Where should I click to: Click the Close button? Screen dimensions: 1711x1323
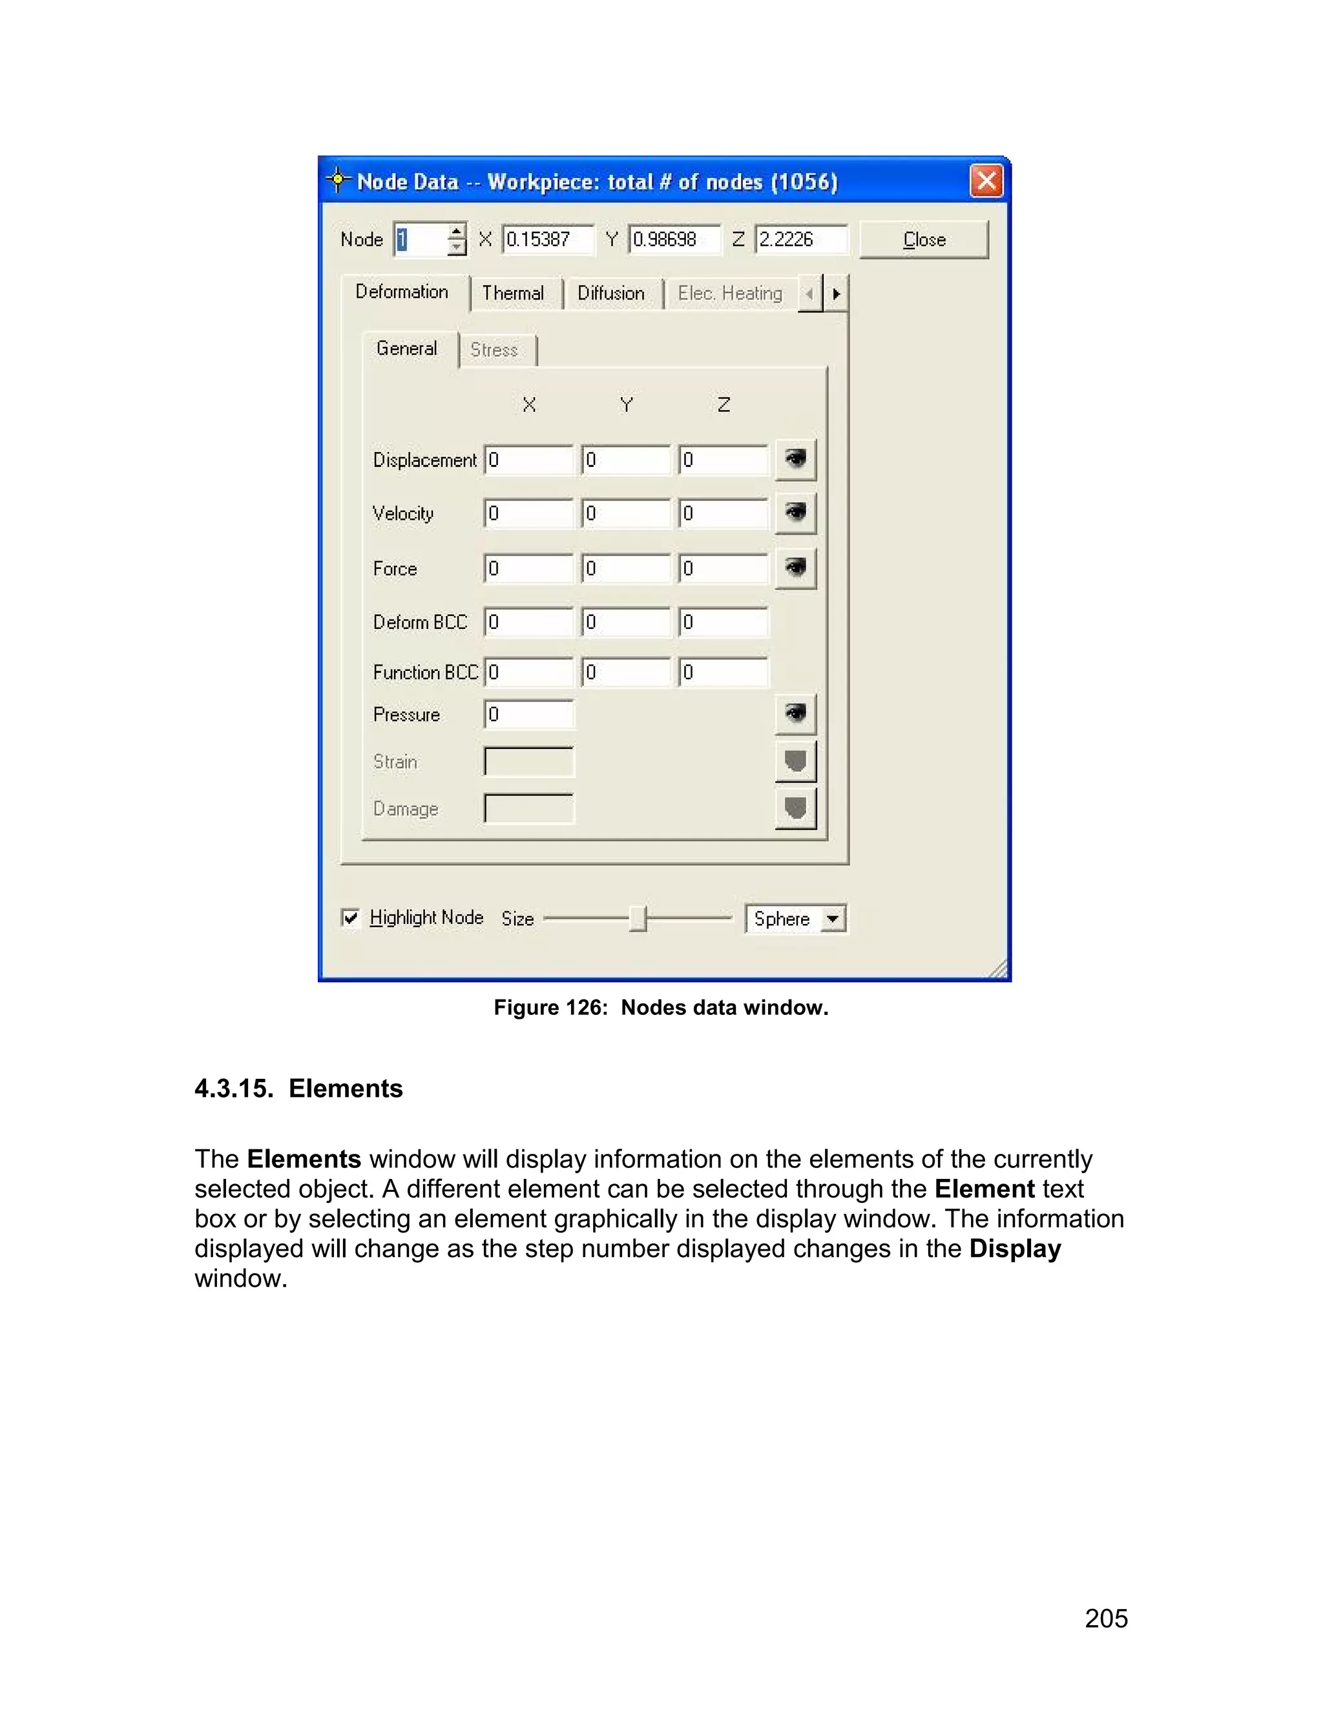(x=923, y=240)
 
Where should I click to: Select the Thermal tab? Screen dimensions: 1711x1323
(x=512, y=293)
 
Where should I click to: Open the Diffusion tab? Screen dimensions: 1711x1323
(x=610, y=293)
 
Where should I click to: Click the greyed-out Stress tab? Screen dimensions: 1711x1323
(x=494, y=349)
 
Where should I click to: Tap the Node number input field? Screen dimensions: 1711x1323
(x=422, y=240)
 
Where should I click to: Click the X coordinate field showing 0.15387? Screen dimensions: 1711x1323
(x=547, y=240)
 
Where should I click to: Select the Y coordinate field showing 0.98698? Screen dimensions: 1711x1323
(x=673, y=240)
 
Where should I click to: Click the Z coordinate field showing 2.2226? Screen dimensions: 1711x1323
(x=800, y=240)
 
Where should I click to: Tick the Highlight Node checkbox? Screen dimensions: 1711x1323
(x=350, y=917)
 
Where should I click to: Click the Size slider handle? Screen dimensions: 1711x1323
(x=638, y=918)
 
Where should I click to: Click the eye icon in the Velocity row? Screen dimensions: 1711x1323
(x=795, y=513)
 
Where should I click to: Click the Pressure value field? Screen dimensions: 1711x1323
(x=529, y=715)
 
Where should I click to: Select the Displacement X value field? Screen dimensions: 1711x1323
(x=529, y=460)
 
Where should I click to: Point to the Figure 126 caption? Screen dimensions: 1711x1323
(x=661, y=1007)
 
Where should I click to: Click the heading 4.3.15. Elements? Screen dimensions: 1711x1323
(x=298, y=1089)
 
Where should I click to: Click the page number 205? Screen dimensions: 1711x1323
(x=1106, y=1618)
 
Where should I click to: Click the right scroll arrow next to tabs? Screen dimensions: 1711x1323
(x=837, y=294)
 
